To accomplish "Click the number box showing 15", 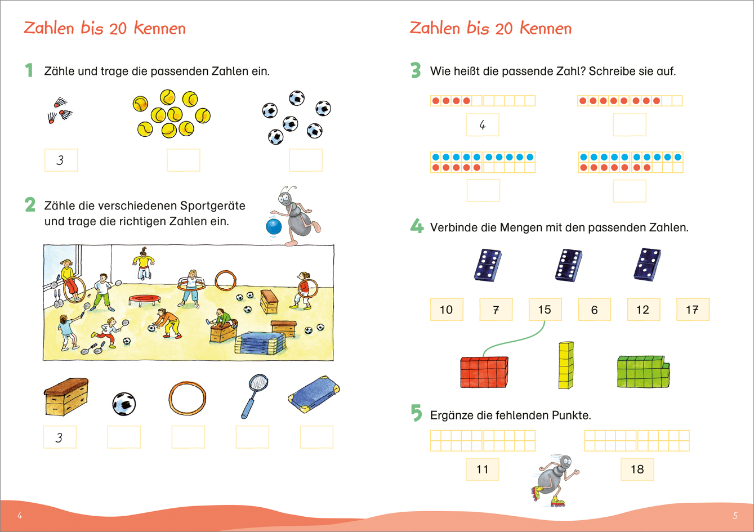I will tap(545, 310).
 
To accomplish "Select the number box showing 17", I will tap(692, 310).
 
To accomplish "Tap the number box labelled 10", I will tap(447, 310).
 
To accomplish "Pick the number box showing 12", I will tap(643, 310).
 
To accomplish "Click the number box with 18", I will tap(637, 469).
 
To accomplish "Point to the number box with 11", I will tap(483, 469).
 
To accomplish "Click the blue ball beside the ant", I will tap(274, 226).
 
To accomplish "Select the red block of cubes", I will tap(484, 372).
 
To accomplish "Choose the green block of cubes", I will tap(643, 372).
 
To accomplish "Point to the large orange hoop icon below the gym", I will tap(188, 398).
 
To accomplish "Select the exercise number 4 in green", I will tap(416, 226).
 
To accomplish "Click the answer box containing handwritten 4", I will tap(482, 125).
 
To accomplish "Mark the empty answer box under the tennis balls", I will tap(183, 160).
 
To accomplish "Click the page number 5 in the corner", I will tap(735, 515).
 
